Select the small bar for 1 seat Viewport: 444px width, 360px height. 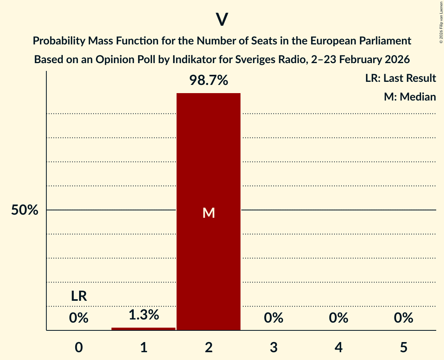[x=143, y=328]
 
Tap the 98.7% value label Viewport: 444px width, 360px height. [x=209, y=80]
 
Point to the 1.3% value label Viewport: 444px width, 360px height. [x=143, y=314]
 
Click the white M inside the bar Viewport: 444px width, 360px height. [x=209, y=213]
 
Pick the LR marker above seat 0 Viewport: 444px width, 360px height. [x=79, y=296]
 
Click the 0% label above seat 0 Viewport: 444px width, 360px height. [x=79, y=318]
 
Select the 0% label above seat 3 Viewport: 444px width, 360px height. [x=273, y=318]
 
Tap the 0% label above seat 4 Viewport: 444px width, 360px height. [x=338, y=318]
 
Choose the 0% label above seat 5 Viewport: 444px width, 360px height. [x=403, y=318]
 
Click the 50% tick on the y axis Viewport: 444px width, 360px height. [x=25, y=210]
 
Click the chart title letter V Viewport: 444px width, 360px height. [x=222, y=19]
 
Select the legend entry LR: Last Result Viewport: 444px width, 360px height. [x=400, y=78]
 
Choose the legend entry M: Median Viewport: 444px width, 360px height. [x=410, y=97]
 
